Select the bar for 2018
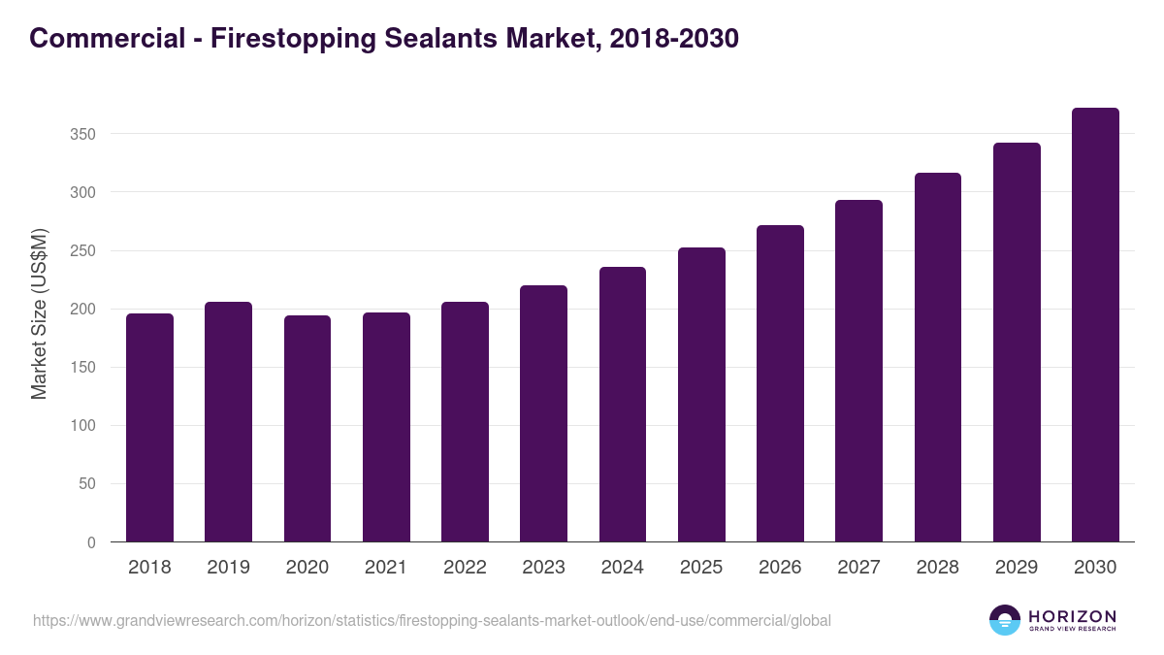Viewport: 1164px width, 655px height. pyautogui.click(x=149, y=428)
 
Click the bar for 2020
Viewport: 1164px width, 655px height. pyautogui.click(x=307, y=429)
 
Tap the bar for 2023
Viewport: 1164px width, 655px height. pyautogui.click(x=543, y=413)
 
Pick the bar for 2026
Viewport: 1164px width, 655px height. pyautogui.click(x=780, y=383)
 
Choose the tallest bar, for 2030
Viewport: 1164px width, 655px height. pyautogui.click(x=1095, y=325)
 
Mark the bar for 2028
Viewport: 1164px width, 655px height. pyautogui.click(x=938, y=357)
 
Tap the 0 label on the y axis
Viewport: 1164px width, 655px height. pyautogui.click(x=91, y=542)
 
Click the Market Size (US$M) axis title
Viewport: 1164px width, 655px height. pyautogui.click(x=39, y=312)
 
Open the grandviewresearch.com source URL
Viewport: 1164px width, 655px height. pyautogui.click(x=432, y=620)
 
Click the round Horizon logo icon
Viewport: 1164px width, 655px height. pyautogui.click(x=1005, y=620)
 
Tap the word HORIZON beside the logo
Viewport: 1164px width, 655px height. pyautogui.click(x=1072, y=615)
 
